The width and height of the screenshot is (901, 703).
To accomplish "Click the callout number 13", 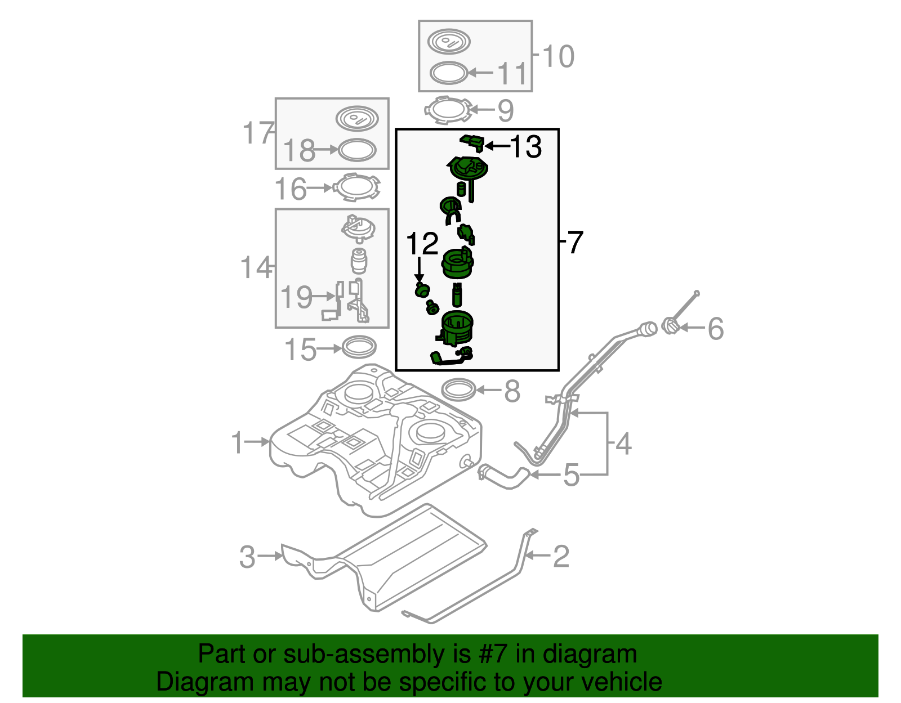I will tap(526, 147).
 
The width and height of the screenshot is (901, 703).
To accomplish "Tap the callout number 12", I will tap(422, 244).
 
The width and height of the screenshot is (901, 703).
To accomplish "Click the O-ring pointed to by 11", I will tap(449, 73).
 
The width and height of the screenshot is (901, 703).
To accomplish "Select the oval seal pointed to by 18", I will tap(356, 150).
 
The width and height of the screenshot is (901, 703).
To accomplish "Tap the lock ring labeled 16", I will tap(356, 187).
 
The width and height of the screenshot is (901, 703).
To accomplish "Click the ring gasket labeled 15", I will tap(359, 347).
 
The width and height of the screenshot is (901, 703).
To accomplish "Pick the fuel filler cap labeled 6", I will tap(670, 326).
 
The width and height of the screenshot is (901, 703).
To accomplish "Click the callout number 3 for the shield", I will tap(247, 557).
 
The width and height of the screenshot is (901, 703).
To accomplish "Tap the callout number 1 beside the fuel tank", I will tap(238, 443).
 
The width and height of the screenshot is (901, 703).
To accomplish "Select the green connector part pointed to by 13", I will tap(472, 143).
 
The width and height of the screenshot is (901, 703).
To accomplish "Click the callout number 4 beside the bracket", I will tap(623, 445).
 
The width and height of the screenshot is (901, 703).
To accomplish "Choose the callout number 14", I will tap(255, 268).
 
